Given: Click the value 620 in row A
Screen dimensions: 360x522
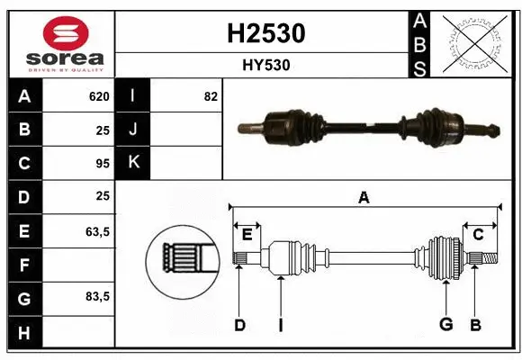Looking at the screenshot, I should [x=98, y=96].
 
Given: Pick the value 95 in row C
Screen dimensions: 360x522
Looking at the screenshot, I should [x=102, y=163].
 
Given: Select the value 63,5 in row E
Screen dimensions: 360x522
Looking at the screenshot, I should [x=97, y=231].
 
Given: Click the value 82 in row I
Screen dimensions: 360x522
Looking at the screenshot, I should [x=211, y=96].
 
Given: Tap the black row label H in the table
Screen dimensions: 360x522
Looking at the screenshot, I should [x=24, y=333].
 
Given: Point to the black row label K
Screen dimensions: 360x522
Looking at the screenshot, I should [x=133, y=163].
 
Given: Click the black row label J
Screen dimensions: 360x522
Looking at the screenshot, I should [x=133, y=130].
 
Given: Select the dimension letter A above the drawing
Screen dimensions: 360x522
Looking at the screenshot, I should [x=364, y=198].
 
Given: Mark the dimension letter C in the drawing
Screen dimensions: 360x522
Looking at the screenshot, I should [x=478, y=234].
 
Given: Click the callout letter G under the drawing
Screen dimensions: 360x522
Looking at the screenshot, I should [x=445, y=324].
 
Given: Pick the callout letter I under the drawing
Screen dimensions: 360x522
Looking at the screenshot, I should [x=280, y=324].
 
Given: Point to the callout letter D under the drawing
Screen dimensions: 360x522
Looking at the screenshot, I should [x=239, y=324].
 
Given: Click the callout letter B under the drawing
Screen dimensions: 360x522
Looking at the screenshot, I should [x=476, y=324].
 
